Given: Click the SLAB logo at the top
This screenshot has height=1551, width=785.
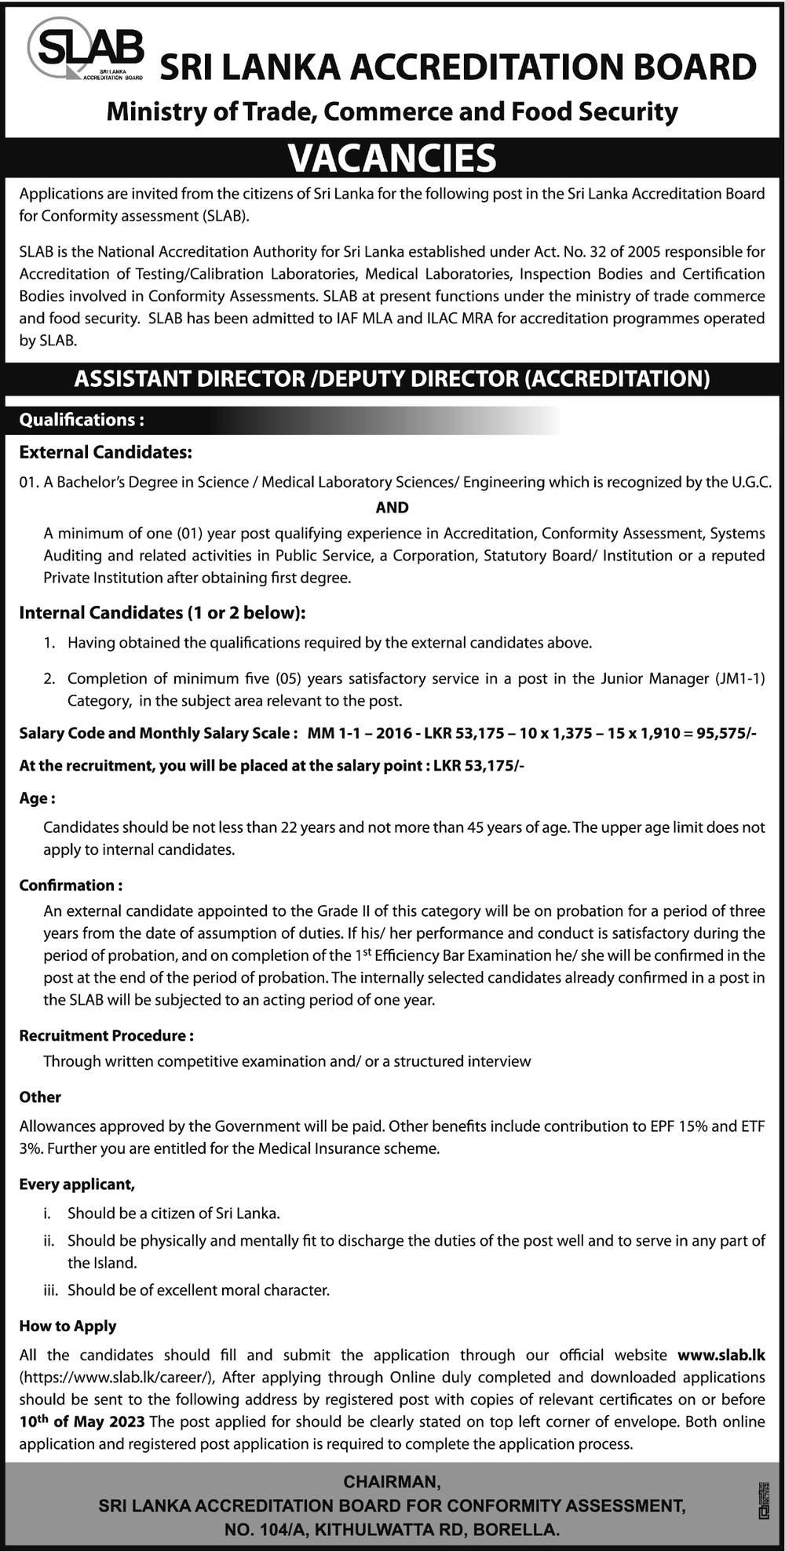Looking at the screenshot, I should pyautogui.click(x=85, y=49).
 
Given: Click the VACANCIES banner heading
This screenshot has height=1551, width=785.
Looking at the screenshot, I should pyautogui.click(x=392, y=158).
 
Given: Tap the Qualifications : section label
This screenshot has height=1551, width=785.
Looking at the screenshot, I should pyautogui.click(x=82, y=420).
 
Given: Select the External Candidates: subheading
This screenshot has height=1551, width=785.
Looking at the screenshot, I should pyautogui.click(x=105, y=452).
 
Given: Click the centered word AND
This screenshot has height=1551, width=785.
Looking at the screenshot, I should pyautogui.click(x=392, y=507).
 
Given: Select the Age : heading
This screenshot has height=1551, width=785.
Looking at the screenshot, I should pyautogui.click(x=37, y=798).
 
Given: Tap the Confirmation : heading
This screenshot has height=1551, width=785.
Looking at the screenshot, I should pyautogui.click(x=71, y=885).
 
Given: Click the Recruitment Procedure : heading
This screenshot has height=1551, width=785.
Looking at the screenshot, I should pyautogui.click(x=107, y=1035).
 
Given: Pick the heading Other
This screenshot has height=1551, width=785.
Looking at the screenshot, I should pyautogui.click(x=40, y=1097).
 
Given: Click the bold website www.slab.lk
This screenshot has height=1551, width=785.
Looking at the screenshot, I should pyautogui.click(x=721, y=1355).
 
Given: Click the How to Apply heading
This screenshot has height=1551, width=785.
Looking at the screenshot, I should pyautogui.click(x=68, y=1326).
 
